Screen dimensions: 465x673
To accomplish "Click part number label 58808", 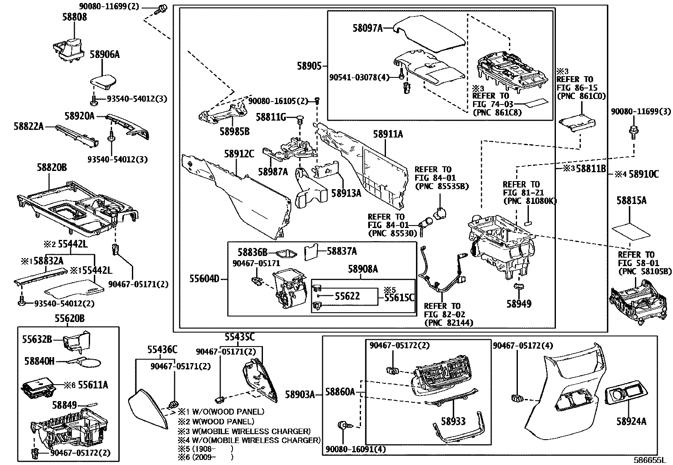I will tap(74, 17).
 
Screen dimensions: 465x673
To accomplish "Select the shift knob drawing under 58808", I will tap(70, 47).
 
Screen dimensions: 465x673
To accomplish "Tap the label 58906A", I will tap(104, 55).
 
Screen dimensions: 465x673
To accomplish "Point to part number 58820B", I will tap(52, 168).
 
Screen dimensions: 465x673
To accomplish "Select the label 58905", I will tap(308, 66).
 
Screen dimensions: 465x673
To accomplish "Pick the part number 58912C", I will tap(239, 154).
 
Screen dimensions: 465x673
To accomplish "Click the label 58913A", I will tap(346, 193).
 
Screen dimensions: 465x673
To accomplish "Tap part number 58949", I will tap(519, 304).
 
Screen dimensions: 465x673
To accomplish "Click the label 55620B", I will tap(69, 319).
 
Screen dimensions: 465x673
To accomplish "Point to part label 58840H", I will tap(39, 361).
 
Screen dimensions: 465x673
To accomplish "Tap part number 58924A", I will tap(631, 421).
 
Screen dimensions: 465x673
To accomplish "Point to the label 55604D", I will tap(204, 279).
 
